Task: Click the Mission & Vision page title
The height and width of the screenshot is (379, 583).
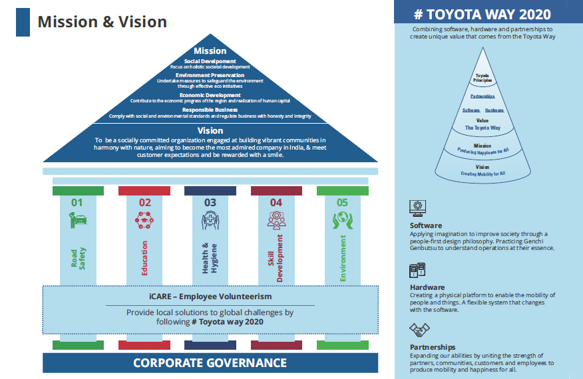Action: click(102, 22)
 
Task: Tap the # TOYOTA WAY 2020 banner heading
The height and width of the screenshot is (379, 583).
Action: click(487, 13)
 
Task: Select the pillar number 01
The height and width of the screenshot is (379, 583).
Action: click(77, 202)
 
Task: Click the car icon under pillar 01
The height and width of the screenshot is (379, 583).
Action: click(78, 220)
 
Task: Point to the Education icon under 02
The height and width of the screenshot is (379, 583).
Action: click(144, 220)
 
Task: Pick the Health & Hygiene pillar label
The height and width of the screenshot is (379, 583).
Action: click(210, 257)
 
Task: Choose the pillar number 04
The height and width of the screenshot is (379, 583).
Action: click(276, 202)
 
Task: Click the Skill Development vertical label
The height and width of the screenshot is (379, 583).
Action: click(276, 258)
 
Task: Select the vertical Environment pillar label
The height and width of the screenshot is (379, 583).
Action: click(343, 257)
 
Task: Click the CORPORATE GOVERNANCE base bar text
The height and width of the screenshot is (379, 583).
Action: click(210, 362)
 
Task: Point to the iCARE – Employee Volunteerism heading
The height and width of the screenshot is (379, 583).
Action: click(210, 297)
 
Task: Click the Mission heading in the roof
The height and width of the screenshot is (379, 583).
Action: click(210, 51)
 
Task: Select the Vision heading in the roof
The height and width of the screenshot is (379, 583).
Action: click(210, 130)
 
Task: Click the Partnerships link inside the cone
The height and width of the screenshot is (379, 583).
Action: click(483, 96)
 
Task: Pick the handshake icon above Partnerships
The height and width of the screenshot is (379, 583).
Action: click(419, 329)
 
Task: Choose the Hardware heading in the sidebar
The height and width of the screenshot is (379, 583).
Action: click(427, 287)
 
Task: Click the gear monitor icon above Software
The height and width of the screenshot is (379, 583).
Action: click(420, 207)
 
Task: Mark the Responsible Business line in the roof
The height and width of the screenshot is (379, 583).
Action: click(210, 109)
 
